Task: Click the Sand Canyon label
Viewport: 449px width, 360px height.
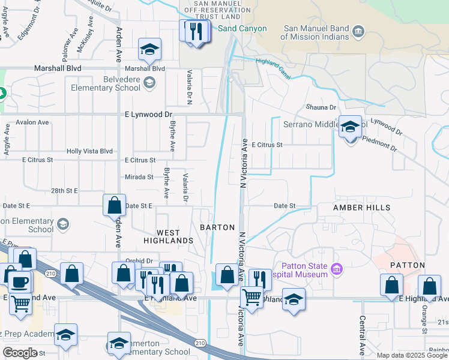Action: (x=242, y=28)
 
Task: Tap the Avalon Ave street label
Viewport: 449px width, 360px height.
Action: (x=32, y=122)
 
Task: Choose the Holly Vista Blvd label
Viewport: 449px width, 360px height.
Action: (x=89, y=152)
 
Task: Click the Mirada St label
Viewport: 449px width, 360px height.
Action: (x=139, y=177)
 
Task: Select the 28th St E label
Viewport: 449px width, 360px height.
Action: (x=64, y=190)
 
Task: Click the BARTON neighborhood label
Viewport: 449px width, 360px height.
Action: (x=217, y=227)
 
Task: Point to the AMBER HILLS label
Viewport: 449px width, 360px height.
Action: (x=362, y=208)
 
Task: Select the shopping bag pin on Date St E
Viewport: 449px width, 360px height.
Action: (x=114, y=206)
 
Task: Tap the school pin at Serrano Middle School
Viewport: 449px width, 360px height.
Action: (x=351, y=127)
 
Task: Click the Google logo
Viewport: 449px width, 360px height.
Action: (x=20, y=353)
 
